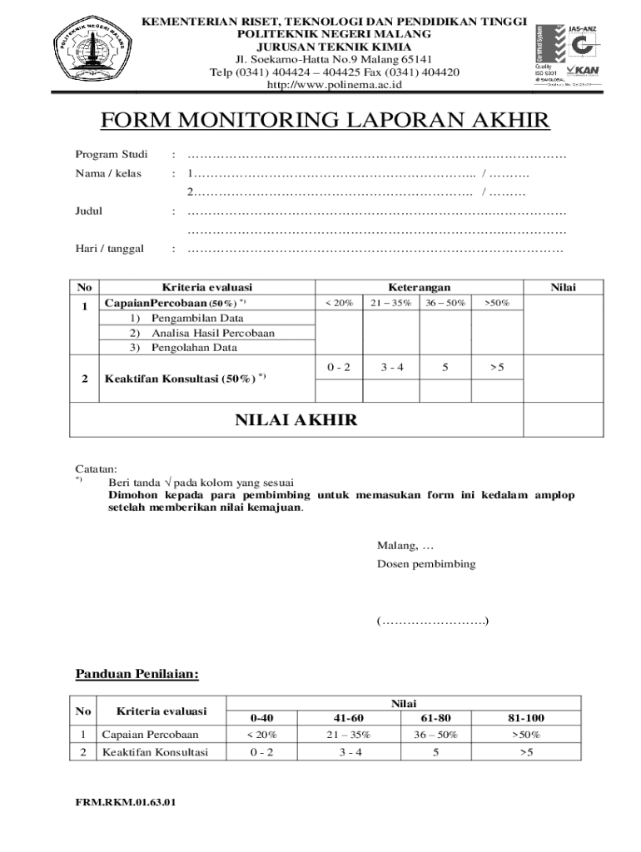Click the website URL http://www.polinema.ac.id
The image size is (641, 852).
(334, 85)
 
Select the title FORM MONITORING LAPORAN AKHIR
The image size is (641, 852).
(325, 122)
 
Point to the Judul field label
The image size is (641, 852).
(89, 211)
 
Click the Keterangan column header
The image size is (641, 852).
(419, 287)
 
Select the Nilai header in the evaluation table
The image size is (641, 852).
(563, 287)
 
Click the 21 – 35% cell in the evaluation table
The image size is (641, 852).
(391, 303)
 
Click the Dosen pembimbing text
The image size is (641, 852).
(426, 563)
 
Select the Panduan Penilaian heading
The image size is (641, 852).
(137, 673)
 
